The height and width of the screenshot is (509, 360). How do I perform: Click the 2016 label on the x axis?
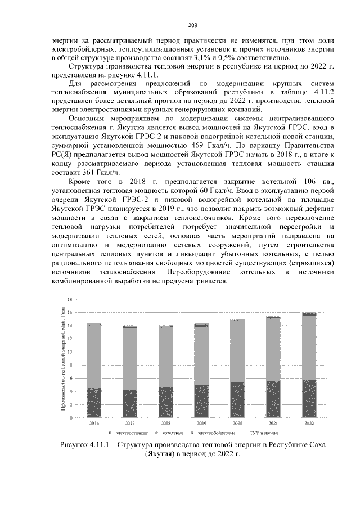click(94, 422)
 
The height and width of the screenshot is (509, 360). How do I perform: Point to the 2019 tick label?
click(201, 422)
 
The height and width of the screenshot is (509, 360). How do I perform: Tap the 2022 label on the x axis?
click(309, 422)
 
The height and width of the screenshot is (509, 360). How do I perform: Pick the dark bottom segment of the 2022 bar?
click(309, 399)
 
